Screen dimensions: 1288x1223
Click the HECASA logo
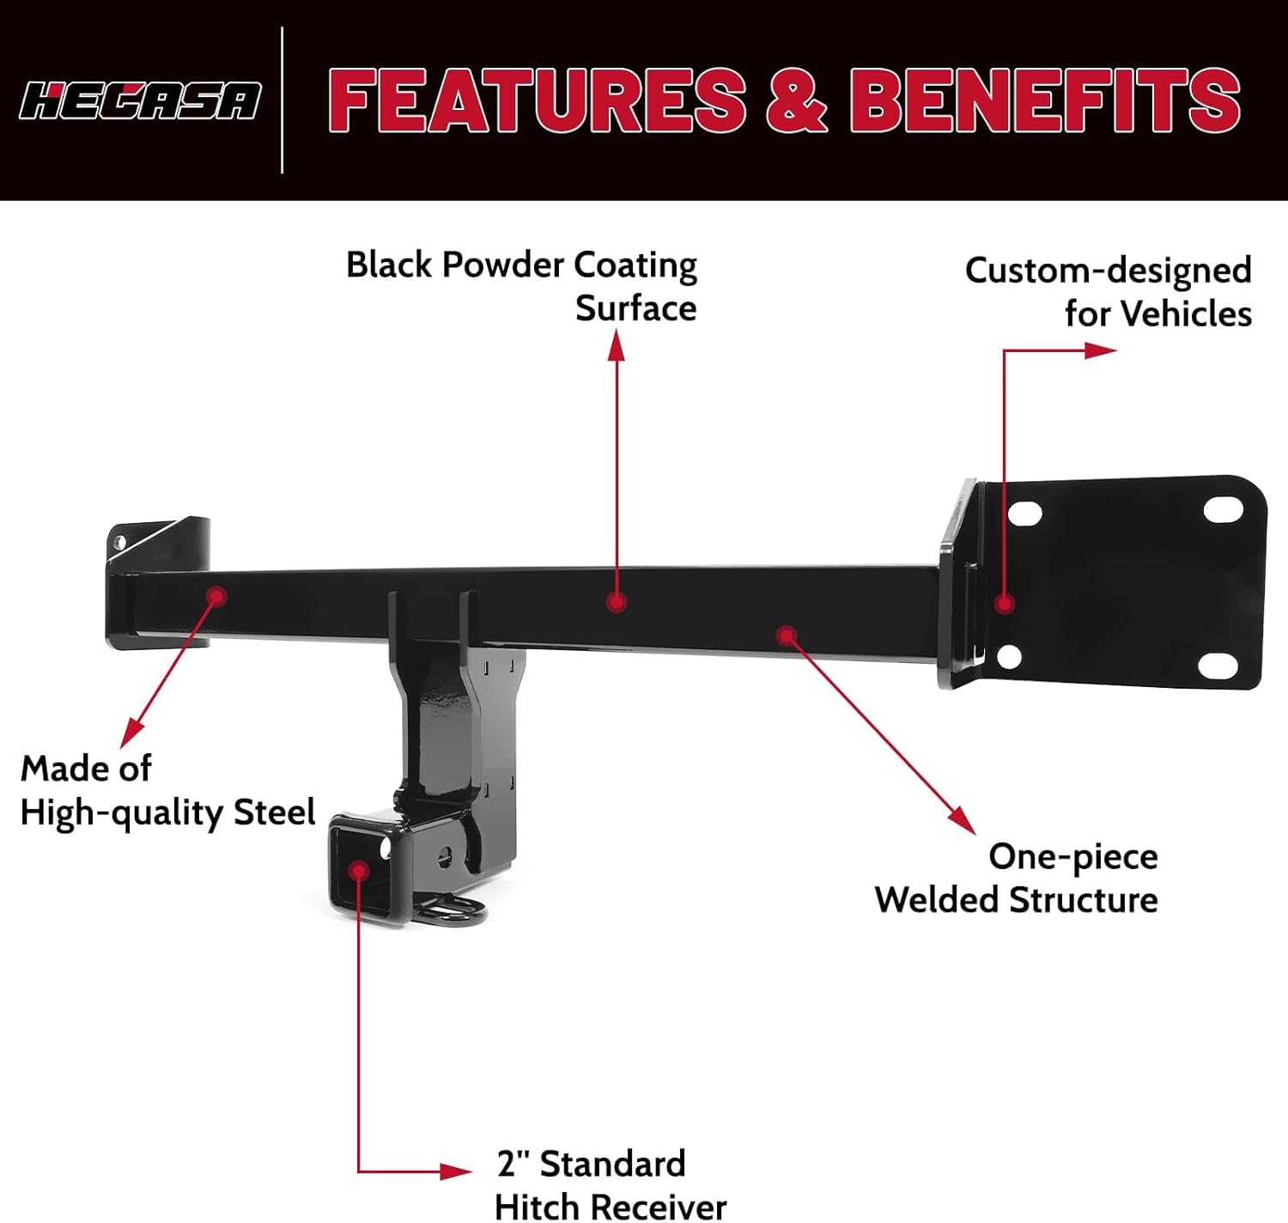click(x=140, y=101)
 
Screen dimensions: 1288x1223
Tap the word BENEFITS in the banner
click(x=1045, y=100)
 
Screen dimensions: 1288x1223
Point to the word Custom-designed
click(x=1108, y=271)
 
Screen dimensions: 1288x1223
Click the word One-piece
click(x=1072, y=856)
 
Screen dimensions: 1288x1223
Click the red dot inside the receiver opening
click(x=360, y=871)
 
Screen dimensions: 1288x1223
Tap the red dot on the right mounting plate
click(x=1005, y=604)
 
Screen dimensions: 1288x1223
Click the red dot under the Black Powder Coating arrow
click(x=616, y=603)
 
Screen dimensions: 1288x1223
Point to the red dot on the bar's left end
click(x=217, y=596)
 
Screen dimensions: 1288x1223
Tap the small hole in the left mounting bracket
click(x=119, y=542)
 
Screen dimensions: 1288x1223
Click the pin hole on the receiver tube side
click(x=446, y=856)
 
